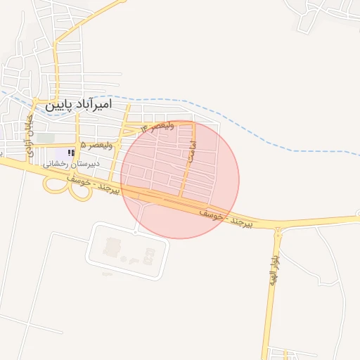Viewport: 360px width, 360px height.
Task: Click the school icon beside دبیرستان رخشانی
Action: click(71, 153)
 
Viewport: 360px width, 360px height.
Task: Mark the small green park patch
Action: click(46, 138)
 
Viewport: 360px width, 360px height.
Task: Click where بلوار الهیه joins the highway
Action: click(278, 226)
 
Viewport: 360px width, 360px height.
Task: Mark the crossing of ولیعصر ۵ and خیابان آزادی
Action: click(28, 145)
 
